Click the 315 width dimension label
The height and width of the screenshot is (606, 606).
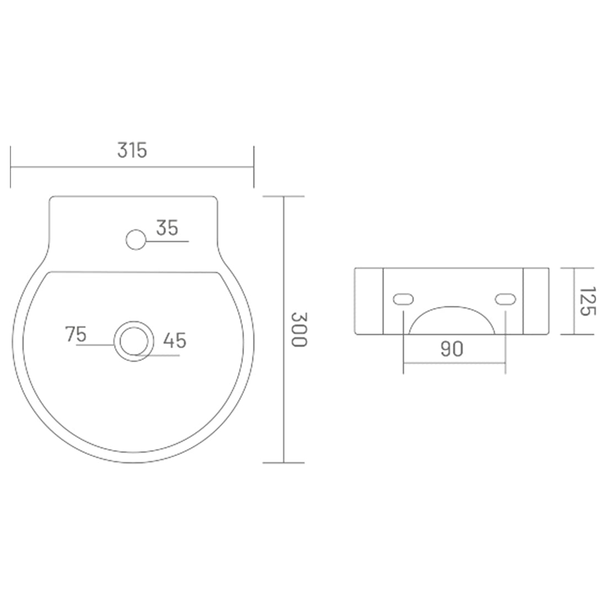pyautogui.click(x=132, y=150)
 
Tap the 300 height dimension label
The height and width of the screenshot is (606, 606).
pyautogui.click(x=298, y=329)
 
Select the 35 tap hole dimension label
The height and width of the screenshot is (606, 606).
pyautogui.click(x=167, y=228)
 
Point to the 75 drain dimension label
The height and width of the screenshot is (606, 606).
pyautogui.click(x=76, y=334)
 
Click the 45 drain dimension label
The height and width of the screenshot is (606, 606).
pyautogui.click(x=175, y=340)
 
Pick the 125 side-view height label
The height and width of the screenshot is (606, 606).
pyautogui.click(x=587, y=301)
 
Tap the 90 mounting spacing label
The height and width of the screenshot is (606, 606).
pyautogui.click(x=452, y=349)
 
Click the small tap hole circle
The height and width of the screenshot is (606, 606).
pyautogui.click(x=135, y=240)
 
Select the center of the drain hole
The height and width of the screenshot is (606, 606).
pyautogui.click(x=133, y=341)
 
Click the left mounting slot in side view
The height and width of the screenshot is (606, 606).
pyautogui.click(x=403, y=299)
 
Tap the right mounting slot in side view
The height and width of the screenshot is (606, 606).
pyautogui.click(x=505, y=299)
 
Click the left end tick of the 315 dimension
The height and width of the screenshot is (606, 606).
pyautogui.click(x=10, y=167)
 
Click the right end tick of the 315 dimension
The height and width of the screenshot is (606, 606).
pyautogui.click(x=253, y=167)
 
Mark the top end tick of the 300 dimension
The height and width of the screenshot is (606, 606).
pyautogui.click(x=284, y=197)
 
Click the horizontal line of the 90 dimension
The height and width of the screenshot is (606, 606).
pyautogui.click(x=454, y=363)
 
